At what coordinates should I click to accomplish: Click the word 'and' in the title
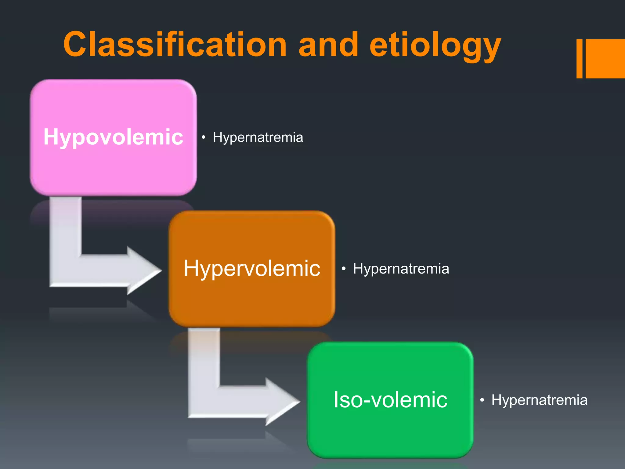click(328, 45)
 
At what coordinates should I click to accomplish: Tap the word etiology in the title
click(435, 46)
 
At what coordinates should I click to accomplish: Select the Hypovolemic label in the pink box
click(113, 137)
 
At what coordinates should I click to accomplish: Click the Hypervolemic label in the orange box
click(252, 268)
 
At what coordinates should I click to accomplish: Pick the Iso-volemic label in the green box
click(390, 400)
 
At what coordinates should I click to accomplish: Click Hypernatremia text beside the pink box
click(258, 137)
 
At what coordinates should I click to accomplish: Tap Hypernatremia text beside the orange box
click(401, 269)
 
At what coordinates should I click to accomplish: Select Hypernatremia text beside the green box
click(539, 400)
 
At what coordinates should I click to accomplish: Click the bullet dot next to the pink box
click(203, 137)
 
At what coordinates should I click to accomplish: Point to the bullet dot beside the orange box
click(344, 269)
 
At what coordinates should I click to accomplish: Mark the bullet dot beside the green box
click(482, 400)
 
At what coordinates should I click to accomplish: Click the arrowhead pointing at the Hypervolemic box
click(143, 270)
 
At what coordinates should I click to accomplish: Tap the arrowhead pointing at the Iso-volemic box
click(282, 402)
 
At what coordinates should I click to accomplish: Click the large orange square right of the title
click(605, 59)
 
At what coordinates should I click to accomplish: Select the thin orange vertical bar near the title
click(579, 59)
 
